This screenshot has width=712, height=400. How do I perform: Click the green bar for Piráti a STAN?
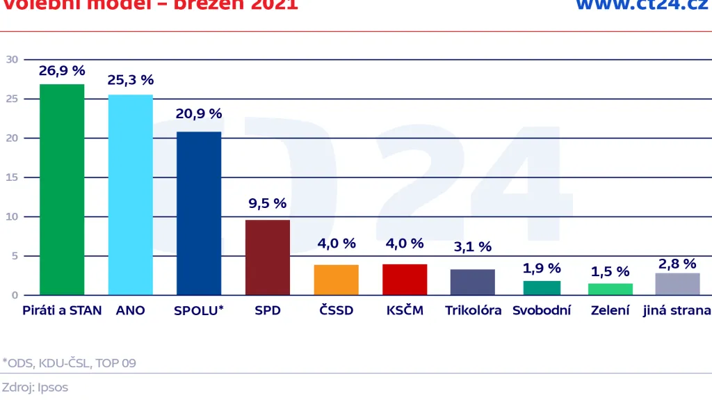click(62, 189)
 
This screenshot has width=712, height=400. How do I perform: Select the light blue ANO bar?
click(130, 195)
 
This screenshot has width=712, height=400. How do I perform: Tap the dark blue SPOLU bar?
click(199, 213)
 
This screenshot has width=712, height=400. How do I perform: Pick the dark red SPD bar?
click(267, 257)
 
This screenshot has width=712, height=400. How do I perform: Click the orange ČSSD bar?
click(336, 280)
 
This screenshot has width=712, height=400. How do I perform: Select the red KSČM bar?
click(405, 280)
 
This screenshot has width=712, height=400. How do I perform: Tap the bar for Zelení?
click(610, 289)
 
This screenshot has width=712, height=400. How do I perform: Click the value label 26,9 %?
click(62, 71)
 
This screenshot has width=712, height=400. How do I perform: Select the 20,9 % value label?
click(199, 113)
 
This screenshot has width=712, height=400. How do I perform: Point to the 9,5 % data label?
click(267, 204)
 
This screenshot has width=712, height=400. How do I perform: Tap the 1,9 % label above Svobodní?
click(542, 268)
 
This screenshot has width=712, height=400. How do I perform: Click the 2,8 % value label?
click(677, 264)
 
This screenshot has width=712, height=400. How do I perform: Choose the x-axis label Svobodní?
click(542, 310)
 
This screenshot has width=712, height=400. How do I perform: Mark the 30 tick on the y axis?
click(12, 59)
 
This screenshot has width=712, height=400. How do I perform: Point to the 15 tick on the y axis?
click(12, 177)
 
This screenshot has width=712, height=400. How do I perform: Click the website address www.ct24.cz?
click(642, 6)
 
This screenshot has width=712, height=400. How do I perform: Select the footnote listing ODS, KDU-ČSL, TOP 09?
click(69, 362)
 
